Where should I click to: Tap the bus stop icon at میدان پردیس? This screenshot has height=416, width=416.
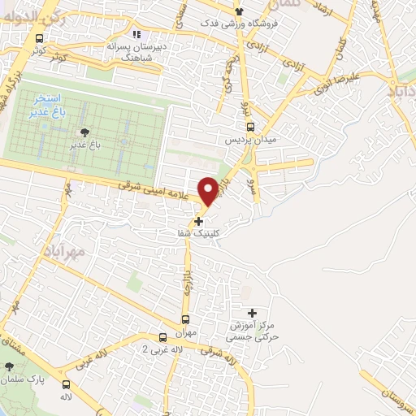pyautogui.click(x=250, y=127)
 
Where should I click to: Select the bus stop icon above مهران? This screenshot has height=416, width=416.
pyautogui.click(x=185, y=319)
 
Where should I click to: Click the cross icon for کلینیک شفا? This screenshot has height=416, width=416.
pyautogui.click(x=199, y=220)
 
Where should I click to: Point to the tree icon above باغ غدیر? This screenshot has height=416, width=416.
pyautogui.click(x=83, y=132)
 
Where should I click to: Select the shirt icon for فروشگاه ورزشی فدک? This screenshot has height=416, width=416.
pyautogui.click(x=239, y=11)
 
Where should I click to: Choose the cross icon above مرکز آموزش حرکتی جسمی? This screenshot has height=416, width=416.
pyautogui.click(x=252, y=313)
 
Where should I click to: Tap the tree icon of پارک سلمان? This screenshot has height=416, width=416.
pyautogui.click(x=10, y=368)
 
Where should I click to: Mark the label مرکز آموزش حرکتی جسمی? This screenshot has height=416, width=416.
pyautogui.click(x=253, y=330)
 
